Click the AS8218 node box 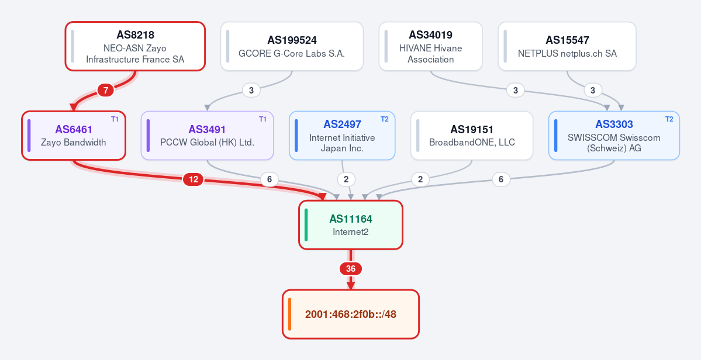click(x=135, y=46)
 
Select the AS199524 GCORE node click(x=292, y=46)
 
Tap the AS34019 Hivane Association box click(x=430, y=46)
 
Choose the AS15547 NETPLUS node click(x=567, y=46)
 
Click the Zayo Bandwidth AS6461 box click(x=74, y=136)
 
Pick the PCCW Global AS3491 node click(x=207, y=136)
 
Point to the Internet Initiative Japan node click(x=342, y=136)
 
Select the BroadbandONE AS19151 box click(x=472, y=136)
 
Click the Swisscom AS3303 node click(x=614, y=136)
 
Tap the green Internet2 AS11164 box click(x=351, y=224)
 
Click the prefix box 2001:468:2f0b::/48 click(x=351, y=314)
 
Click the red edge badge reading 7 click(x=105, y=91)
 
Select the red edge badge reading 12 click(x=193, y=179)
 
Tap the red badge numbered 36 click(x=351, y=269)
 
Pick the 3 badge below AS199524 click(x=251, y=91)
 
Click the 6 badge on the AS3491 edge click(x=269, y=179)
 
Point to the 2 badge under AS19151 click(x=420, y=179)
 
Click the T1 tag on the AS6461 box click(x=115, y=119)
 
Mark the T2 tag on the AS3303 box click(x=669, y=119)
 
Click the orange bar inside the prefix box click(x=290, y=314)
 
